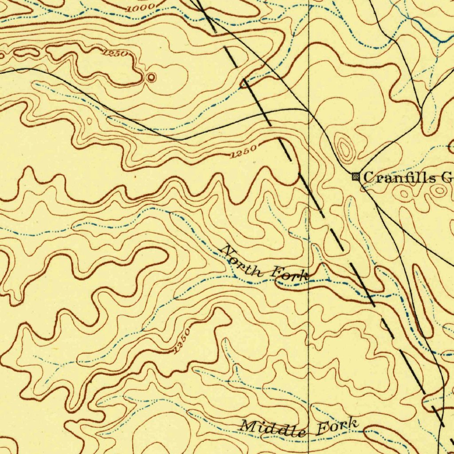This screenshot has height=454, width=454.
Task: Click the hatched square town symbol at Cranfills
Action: click(356, 176)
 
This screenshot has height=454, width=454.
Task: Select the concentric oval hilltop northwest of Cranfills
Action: click(344, 148)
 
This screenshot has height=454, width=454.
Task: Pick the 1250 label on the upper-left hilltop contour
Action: click(115, 54)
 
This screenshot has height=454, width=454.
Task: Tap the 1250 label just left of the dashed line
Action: click(243, 152)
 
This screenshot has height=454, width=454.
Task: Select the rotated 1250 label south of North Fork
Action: click(181, 341)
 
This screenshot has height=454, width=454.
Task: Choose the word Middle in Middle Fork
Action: click(272, 428)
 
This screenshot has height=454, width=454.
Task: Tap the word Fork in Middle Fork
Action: click(338, 426)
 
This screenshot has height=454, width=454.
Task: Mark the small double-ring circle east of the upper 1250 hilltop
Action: click(151, 78)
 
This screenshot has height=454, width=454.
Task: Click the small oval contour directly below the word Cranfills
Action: click(404, 194)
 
